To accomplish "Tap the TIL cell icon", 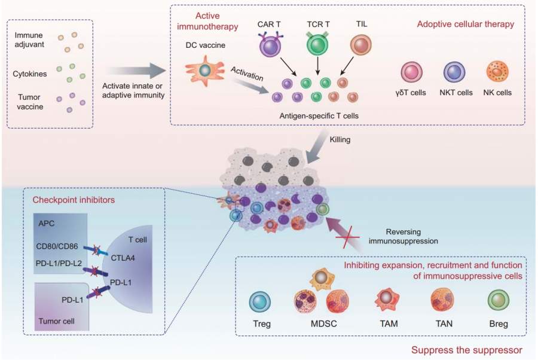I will pos(360,45).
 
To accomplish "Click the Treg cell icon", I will pos(261,303).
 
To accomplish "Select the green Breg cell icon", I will pos(498,302).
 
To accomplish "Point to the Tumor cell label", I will pos(56,321).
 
